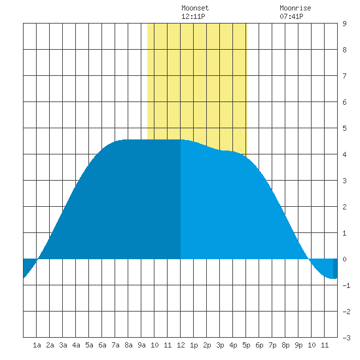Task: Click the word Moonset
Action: [x=195, y=8]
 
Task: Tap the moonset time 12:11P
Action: [x=193, y=16]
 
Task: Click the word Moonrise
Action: [x=295, y=8]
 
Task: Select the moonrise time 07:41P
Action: [x=291, y=16]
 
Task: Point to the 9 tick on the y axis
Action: [x=344, y=24]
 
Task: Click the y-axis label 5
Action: [x=344, y=128]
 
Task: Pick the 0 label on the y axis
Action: [x=344, y=259]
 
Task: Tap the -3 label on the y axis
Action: [x=346, y=338]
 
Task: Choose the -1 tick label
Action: [x=346, y=285]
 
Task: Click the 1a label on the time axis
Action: [x=37, y=345]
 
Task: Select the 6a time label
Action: [x=102, y=345]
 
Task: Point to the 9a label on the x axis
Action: [x=141, y=345]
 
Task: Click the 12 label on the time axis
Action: [x=181, y=345]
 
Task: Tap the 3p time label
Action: [x=220, y=345]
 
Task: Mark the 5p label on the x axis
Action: [x=246, y=345]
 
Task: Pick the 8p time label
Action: [x=285, y=345]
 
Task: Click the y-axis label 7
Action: [x=344, y=76]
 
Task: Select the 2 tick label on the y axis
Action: [x=344, y=207]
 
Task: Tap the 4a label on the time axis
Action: [x=76, y=345]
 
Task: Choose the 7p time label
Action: [x=272, y=345]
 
